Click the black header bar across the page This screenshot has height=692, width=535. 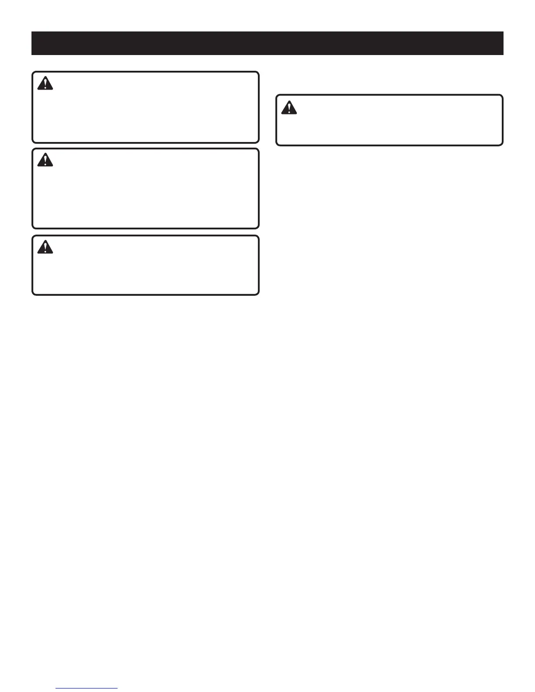pyautogui.click(x=267, y=43)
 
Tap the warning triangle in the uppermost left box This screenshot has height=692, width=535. pyautogui.click(x=45, y=83)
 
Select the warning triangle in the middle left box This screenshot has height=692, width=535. pyautogui.click(x=45, y=160)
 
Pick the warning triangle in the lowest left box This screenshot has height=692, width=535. pyautogui.click(x=45, y=247)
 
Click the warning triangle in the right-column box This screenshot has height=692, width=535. pyautogui.click(x=289, y=107)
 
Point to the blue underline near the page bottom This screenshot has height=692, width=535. pyautogui.click(x=87, y=688)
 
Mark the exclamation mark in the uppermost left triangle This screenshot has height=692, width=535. pyautogui.click(x=45, y=84)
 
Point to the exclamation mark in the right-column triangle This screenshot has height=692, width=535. pyautogui.click(x=289, y=108)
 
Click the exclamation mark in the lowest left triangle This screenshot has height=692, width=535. pyautogui.click(x=45, y=248)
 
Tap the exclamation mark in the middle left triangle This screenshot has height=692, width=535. pyautogui.click(x=45, y=161)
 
